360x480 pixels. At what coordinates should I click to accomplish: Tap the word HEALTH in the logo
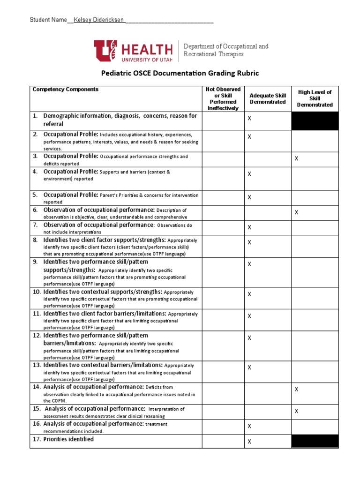pyautogui.click(x=147, y=49)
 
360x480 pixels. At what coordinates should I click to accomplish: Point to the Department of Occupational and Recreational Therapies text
pyautogui.click(x=225, y=50)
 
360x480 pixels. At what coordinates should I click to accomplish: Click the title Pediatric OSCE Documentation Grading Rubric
pyautogui.click(x=180, y=73)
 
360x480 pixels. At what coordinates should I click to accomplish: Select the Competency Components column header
pyautogui.click(x=65, y=89)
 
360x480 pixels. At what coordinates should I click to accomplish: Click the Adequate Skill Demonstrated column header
pyautogui.click(x=268, y=98)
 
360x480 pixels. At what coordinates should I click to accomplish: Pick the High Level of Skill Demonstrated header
pyautogui.click(x=315, y=98)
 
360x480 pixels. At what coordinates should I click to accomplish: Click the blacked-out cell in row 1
pyautogui.click(x=315, y=121)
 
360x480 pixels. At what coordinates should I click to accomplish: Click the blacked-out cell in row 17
pyautogui.click(x=315, y=441)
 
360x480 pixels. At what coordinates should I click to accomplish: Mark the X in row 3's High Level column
pyautogui.click(x=296, y=159)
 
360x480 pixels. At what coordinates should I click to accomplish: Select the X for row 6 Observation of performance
pyautogui.click(x=296, y=212)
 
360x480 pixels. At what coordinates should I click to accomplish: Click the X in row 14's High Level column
pyautogui.click(x=296, y=389)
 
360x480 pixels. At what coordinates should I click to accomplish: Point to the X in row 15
pyautogui.click(x=296, y=411)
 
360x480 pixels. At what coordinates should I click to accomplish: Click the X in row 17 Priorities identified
pyautogui.click(x=249, y=442)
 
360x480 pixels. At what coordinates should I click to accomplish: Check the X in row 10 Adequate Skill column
pyautogui.click(x=249, y=294)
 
